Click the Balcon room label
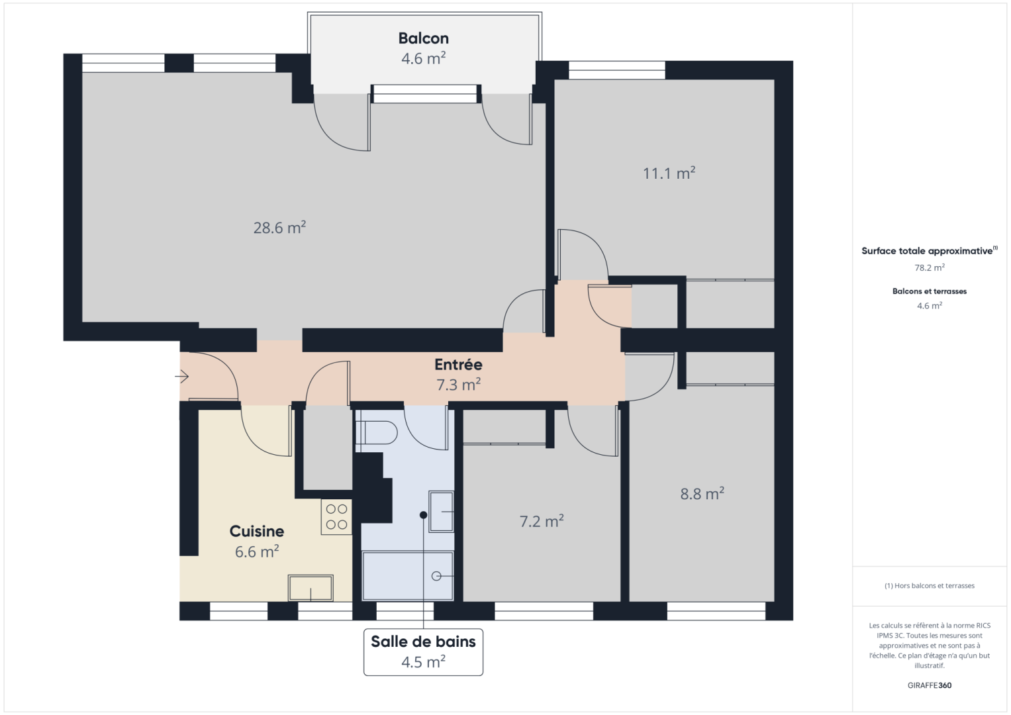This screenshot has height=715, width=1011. point(423,38)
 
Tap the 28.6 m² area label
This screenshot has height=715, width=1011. point(279,228)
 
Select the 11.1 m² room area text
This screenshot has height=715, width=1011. point(669,173)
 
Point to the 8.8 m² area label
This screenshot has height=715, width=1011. point(702,494)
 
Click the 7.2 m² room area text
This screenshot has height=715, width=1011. point(541,522)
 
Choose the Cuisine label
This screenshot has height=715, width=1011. point(257,531)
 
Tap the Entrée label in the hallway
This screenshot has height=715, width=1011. point(458,365)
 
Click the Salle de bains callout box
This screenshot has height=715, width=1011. point(423,651)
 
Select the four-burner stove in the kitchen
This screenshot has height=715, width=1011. point(336,517)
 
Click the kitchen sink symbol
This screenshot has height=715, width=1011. point(311,587)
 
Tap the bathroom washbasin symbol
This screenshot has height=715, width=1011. point(441,511)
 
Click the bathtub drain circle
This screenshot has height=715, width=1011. point(436,576)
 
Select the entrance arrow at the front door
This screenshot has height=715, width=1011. point(182,377)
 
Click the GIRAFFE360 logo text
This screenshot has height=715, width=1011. point(929,685)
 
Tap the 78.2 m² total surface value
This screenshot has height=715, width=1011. point(929,268)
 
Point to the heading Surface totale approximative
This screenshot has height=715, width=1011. point(927,251)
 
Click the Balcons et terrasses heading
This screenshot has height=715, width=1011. point(929,291)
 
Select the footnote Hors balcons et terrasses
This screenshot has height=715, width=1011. point(929,586)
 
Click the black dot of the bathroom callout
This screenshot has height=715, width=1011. point(423,514)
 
